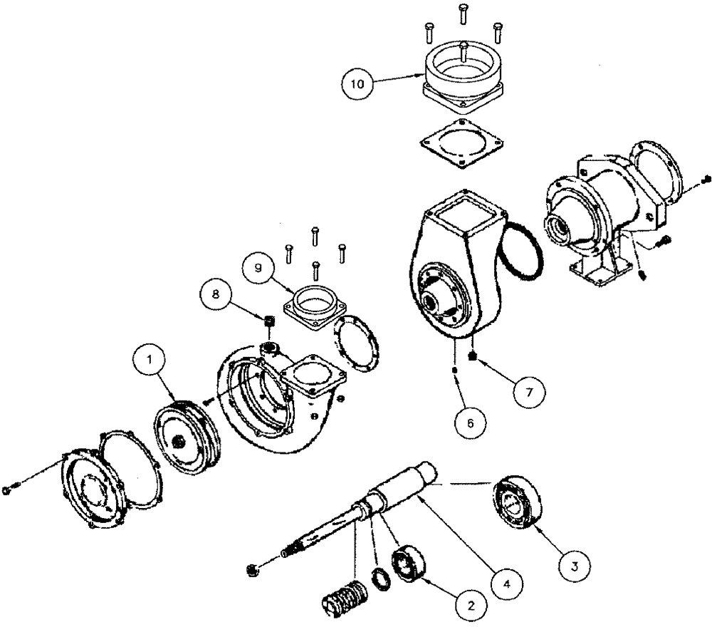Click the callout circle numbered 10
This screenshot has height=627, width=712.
click(357, 84)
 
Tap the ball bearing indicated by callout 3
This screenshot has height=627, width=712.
click(516, 505)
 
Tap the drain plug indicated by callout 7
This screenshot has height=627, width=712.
click(474, 354)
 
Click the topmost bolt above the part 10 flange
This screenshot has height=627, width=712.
click(463, 11)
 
